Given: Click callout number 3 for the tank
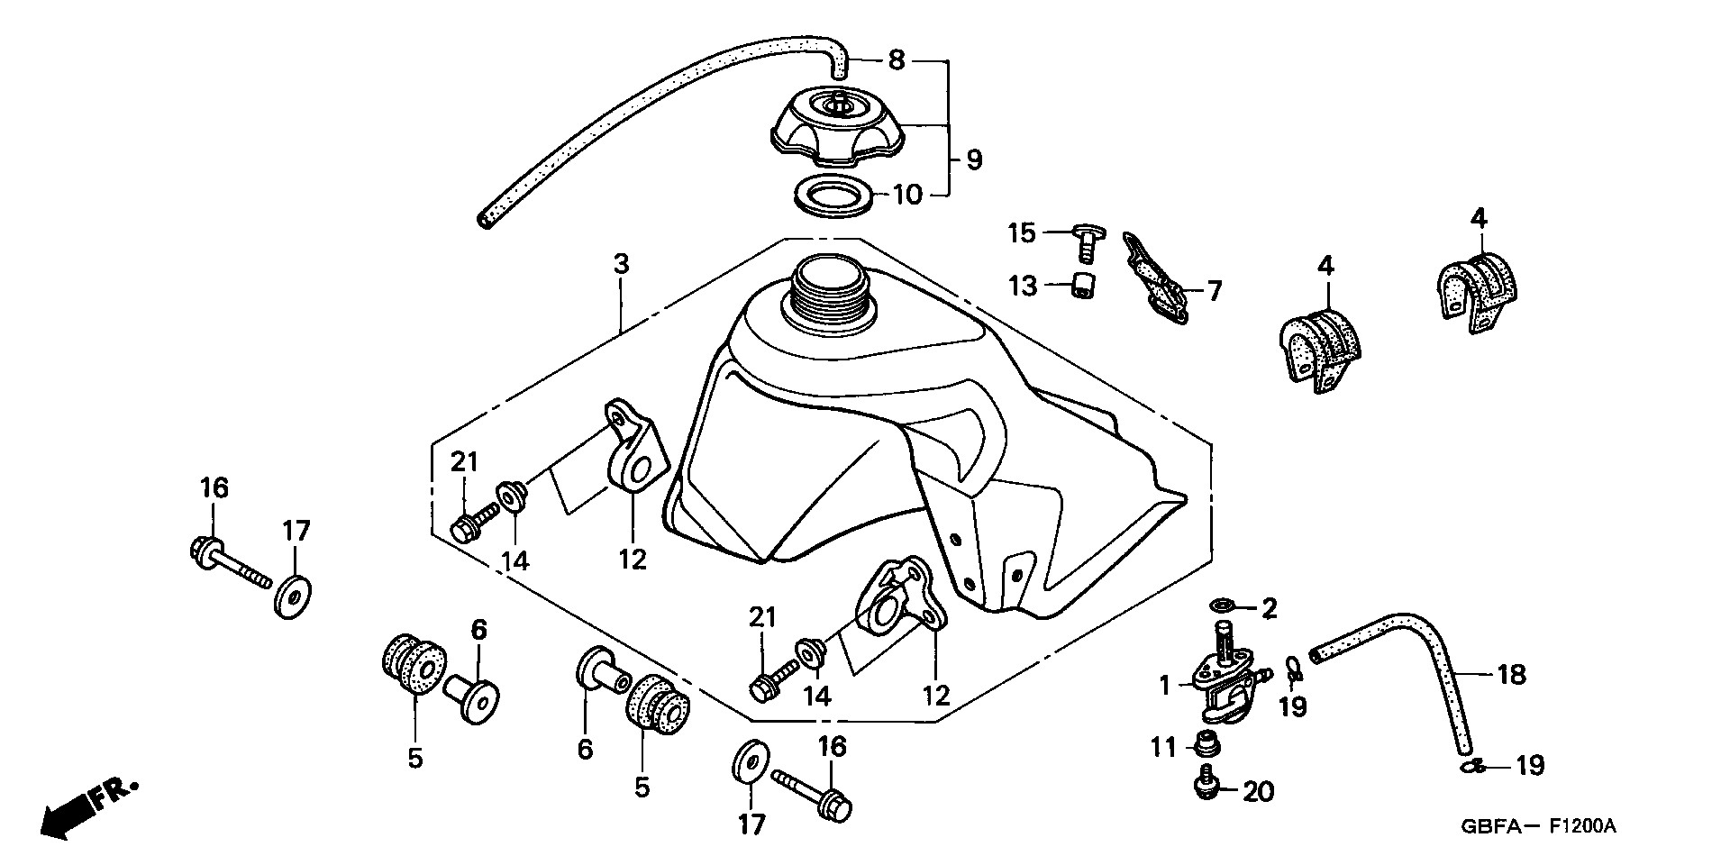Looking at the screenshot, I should (x=621, y=265).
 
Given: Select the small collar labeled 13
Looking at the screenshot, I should (x=1081, y=287).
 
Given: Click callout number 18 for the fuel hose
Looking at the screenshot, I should (x=1510, y=674).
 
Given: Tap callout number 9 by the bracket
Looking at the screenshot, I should (x=972, y=161).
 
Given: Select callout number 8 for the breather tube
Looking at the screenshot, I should (x=895, y=61).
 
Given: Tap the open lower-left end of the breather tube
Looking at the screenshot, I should (x=487, y=220).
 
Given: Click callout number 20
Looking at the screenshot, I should (x=1258, y=792).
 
